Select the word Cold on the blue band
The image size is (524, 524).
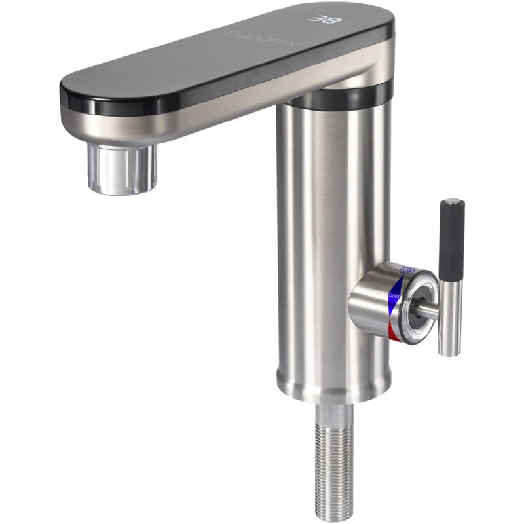(394, 295)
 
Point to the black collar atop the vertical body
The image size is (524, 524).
(341, 97)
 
